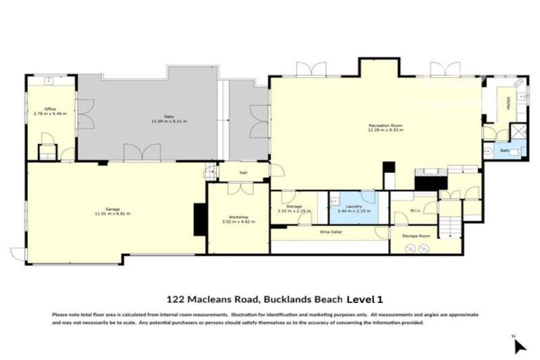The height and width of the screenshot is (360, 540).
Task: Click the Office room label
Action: point(49,109)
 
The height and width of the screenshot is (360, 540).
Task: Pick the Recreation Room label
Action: point(385,125)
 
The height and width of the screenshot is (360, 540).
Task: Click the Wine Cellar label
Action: point(330,231)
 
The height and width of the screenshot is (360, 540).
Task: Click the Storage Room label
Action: point(416,236)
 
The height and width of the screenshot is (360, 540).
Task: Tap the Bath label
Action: point(504,150)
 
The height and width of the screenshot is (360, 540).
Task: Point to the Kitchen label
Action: point(508,103)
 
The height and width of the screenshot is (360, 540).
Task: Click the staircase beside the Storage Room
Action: point(450,226)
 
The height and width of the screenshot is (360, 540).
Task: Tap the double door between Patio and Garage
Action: point(141,153)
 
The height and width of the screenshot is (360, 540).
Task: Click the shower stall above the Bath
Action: point(518,131)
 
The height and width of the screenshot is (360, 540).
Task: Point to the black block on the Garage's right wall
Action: point(199,218)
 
